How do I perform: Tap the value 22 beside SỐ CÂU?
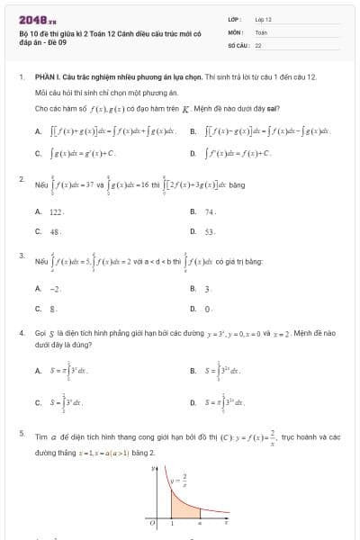tap(258, 43)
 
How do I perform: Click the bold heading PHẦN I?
tap(40, 78)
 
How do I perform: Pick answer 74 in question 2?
tap(210, 211)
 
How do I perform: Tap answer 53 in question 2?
tap(210, 231)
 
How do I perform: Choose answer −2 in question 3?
tap(54, 289)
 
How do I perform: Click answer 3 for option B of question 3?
tap(207, 289)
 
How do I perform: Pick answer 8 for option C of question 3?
tap(52, 309)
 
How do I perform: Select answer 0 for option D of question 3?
tap(207, 309)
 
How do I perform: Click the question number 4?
tap(21, 332)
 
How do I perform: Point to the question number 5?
tap(21, 433)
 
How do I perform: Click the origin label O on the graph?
tap(153, 522)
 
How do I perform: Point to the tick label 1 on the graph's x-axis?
tap(172, 522)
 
